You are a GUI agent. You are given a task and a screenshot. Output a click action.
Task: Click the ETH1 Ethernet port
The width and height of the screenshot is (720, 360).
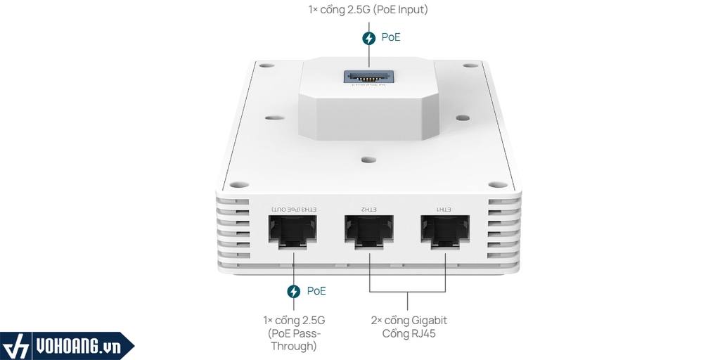445,231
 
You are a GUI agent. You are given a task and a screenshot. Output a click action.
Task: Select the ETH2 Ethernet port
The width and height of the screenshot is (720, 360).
369,231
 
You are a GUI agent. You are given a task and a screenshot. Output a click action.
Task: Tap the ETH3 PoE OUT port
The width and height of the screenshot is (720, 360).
293,231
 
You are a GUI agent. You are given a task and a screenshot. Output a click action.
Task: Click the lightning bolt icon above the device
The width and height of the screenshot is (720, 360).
368,38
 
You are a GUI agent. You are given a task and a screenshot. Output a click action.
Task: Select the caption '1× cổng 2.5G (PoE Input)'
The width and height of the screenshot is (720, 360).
368,10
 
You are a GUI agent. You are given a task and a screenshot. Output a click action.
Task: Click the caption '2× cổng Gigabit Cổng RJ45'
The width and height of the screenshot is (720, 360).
409,327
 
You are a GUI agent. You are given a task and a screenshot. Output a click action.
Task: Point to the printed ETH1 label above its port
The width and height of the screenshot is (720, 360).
445,210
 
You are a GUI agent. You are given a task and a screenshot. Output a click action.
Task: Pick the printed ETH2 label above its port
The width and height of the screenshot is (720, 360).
369,210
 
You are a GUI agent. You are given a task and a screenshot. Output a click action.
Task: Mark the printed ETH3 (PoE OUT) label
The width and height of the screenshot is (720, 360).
293,210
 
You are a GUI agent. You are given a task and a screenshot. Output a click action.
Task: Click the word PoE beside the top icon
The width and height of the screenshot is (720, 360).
391,38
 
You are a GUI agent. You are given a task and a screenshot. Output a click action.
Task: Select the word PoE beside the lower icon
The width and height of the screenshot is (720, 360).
316,291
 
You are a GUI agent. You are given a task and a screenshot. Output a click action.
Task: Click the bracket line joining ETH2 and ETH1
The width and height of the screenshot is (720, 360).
408,291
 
